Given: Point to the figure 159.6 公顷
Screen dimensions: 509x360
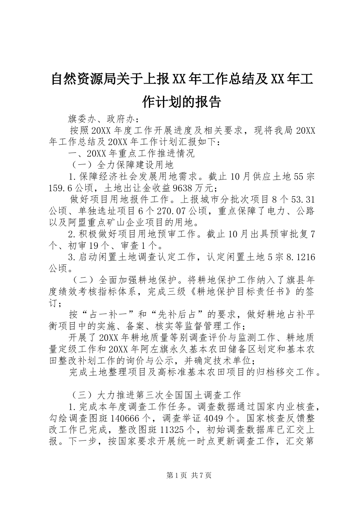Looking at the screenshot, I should coord(69,188).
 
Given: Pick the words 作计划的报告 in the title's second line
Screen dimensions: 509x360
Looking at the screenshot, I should coord(180,101).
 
